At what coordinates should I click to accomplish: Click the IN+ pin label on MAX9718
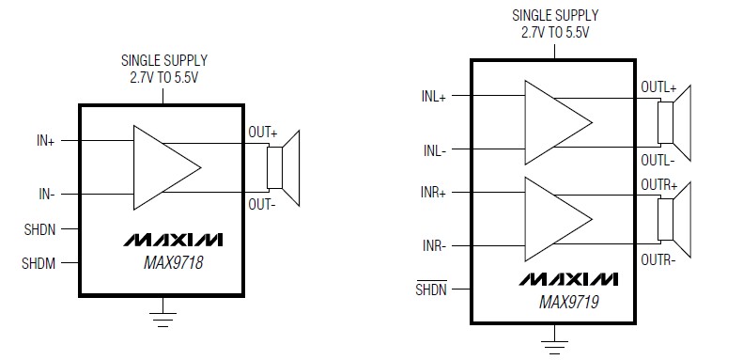pyautogui.click(x=44, y=141)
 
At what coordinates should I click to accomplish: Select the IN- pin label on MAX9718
pyautogui.click(x=45, y=195)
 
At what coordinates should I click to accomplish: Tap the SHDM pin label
pyautogui.click(x=39, y=264)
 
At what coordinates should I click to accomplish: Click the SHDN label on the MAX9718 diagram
pyautogui.click(x=39, y=229)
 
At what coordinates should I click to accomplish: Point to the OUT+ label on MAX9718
pyautogui.click(x=263, y=133)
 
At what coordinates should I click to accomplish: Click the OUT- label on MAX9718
pyautogui.click(x=263, y=203)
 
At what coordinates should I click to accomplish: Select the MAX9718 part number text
pyautogui.click(x=168, y=264)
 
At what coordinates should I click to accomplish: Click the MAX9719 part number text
pyautogui.click(x=569, y=304)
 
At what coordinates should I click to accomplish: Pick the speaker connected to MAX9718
pyautogui.click(x=284, y=167)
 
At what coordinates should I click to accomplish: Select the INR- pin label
pyautogui.click(x=434, y=245)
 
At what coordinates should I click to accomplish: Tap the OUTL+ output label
pyautogui.click(x=658, y=87)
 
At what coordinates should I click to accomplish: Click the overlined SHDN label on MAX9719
pyautogui.click(x=432, y=289)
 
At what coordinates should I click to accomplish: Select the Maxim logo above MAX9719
pyautogui.click(x=567, y=281)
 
